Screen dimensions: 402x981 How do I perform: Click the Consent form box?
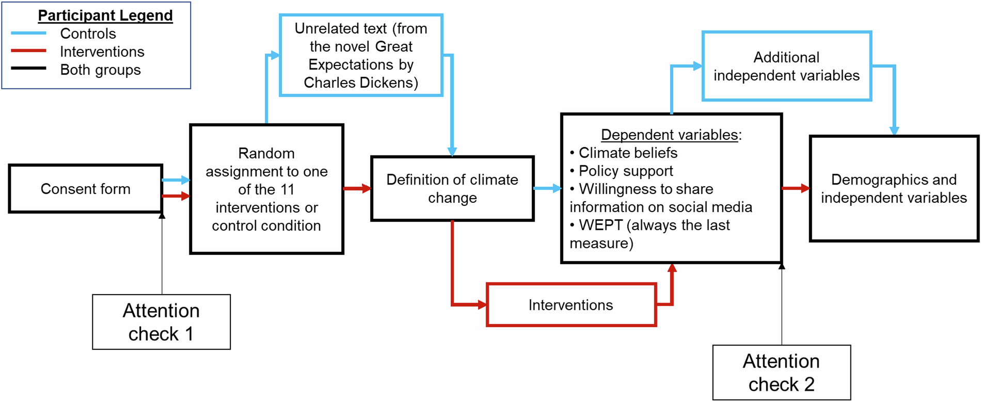click(x=86, y=189)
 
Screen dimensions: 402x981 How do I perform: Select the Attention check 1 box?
click(x=161, y=322)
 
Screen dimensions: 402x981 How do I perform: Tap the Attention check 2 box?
click(x=781, y=372)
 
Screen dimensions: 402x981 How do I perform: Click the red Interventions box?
click(x=571, y=305)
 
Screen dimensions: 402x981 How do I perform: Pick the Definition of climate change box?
click(x=452, y=189)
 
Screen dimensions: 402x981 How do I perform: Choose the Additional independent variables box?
click(x=786, y=67)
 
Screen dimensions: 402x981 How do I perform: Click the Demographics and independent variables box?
click(x=894, y=189)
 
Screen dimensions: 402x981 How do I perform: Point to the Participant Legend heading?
click(x=105, y=15)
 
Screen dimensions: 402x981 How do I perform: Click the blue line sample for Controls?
click(x=29, y=34)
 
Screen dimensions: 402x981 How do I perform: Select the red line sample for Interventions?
click(x=29, y=51)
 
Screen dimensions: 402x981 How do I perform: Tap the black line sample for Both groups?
click(x=29, y=69)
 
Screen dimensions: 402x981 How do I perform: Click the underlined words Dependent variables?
click(x=669, y=135)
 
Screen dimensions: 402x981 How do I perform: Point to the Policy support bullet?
click(x=626, y=171)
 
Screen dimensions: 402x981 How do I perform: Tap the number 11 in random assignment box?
click(x=287, y=189)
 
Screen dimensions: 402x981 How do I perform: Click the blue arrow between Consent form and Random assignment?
click(x=176, y=180)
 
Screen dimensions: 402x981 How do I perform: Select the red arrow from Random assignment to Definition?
click(x=357, y=188)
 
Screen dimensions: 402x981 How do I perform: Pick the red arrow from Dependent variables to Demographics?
click(x=796, y=188)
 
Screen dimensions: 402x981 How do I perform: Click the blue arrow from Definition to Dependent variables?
click(x=547, y=188)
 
